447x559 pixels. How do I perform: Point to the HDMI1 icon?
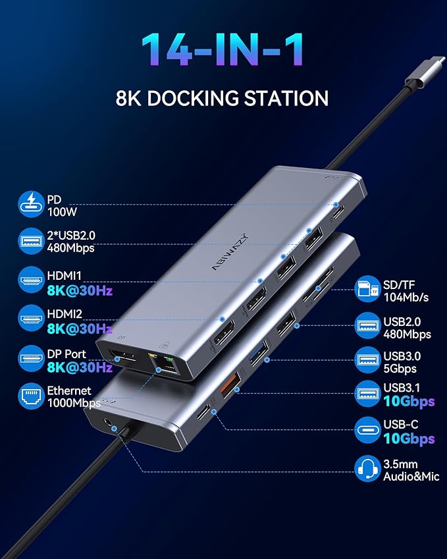pyautogui.click(x=30, y=280)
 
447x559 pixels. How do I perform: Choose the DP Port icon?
pyautogui.click(x=30, y=360)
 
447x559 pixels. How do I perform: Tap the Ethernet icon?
pyautogui.click(x=30, y=396)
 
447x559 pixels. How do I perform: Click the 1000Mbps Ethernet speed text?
pyautogui.click(x=73, y=403)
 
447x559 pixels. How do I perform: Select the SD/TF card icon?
pyautogui.click(x=369, y=290)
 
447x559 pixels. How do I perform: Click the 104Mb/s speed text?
pyautogui.click(x=406, y=298)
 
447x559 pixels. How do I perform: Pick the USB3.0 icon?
pyautogui.click(x=369, y=360)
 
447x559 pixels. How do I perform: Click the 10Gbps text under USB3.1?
pyautogui.click(x=409, y=402)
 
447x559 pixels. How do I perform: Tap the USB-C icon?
pyautogui.click(x=369, y=432)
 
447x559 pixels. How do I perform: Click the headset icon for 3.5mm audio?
pyautogui.click(x=369, y=469)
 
